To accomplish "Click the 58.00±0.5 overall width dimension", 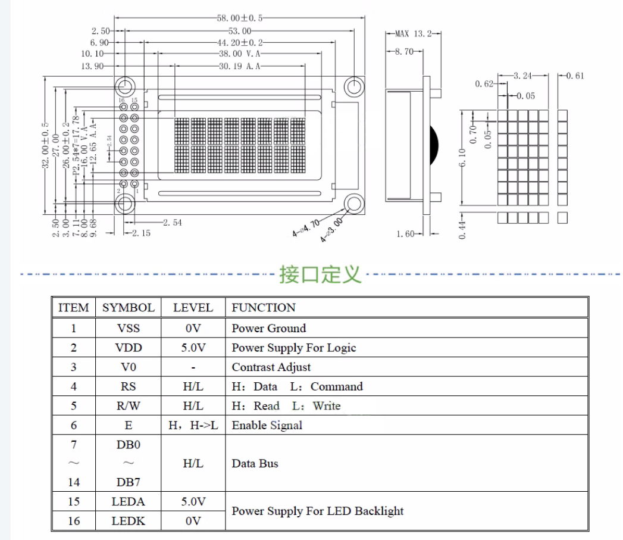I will (x=240, y=18).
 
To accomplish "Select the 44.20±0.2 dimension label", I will (x=240, y=43).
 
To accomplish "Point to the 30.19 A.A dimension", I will (x=240, y=66).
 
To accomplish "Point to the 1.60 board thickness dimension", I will (x=406, y=233).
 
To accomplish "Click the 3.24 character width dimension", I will (x=523, y=76).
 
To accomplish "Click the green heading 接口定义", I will (x=320, y=274).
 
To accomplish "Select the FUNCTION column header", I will (x=264, y=308).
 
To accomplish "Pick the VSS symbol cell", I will (x=129, y=328).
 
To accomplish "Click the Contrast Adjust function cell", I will (x=271, y=367).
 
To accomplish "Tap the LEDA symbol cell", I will (x=129, y=501).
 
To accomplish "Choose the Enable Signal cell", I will (x=267, y=425).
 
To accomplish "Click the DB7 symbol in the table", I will (x=129, y=482).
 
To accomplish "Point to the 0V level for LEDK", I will (x=193, y=521).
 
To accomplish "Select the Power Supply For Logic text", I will (x=294, y=348).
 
